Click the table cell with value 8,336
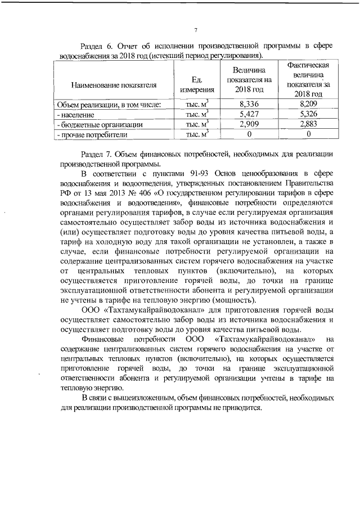(249, 104)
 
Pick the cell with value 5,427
(249, 114)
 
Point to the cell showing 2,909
(249, 124)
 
